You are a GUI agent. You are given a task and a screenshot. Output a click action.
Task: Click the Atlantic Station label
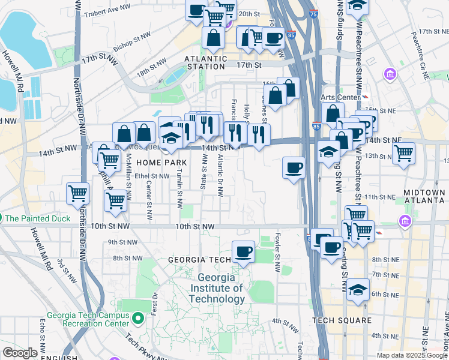(x=206, y=62)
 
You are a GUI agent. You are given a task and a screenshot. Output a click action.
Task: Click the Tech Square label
(x=342, y=320)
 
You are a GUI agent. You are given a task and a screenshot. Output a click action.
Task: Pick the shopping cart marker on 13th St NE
(x=404, y=152)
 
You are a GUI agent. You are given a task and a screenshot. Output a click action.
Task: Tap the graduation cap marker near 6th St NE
(x=358, y=290)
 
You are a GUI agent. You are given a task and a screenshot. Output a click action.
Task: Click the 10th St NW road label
(x=195, y=227)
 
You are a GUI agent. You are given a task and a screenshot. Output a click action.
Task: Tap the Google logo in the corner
(x=20, y=353)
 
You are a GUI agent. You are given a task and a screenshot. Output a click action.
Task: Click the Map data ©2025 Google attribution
(x=412, y=355)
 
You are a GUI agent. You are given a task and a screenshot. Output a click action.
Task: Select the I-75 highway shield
(x=314, y=13)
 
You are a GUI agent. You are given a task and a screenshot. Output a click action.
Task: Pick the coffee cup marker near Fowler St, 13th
(x=294, y=167)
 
